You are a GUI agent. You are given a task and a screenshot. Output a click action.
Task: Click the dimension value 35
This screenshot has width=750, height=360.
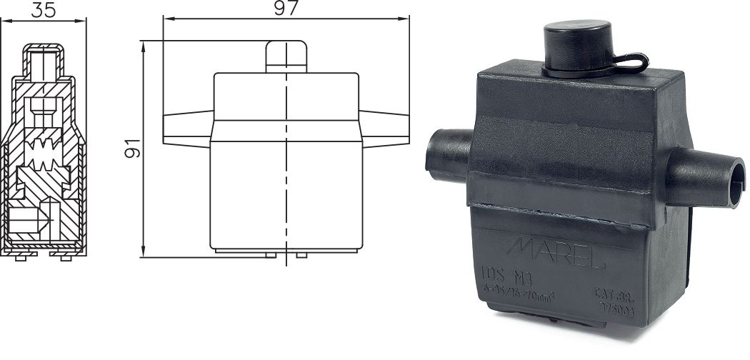point(44,9)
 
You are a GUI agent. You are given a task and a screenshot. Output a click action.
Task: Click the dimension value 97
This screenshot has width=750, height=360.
point(286,8)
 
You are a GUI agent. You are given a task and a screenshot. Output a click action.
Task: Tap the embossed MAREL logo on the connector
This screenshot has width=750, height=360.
point(557,252)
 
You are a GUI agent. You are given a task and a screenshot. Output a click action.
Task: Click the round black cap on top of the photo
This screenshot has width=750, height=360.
point(577,45)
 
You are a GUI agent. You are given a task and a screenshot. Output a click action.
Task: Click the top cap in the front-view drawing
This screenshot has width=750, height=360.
point(286,56)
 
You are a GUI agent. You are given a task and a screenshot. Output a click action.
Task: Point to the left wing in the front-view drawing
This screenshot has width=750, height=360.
point(187,128)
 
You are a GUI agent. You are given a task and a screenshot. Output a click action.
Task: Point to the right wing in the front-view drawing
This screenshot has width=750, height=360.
point(384,128)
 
